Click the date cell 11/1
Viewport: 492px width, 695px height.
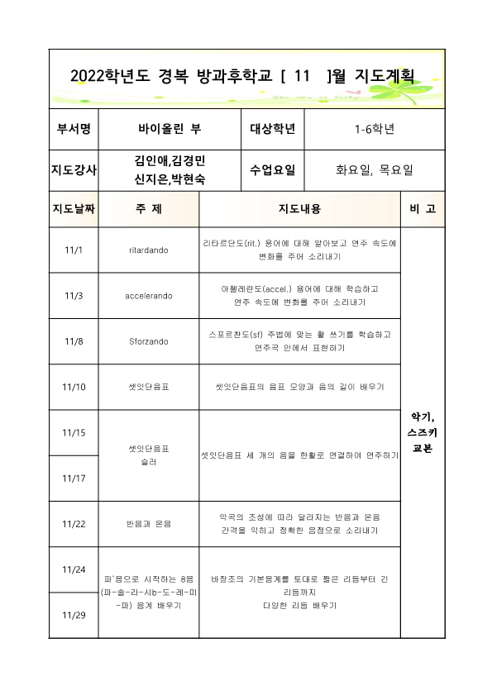(x=74, y=250)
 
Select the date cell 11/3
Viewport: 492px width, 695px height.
(x=74, y=295)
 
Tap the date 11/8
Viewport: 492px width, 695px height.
(x=74, y=340)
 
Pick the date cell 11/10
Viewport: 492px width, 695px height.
(x=74, y=387)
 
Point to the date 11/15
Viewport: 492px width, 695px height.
(x=74, y=432)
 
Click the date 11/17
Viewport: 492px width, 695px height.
(x=74, y=478)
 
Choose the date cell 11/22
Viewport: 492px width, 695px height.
(x=74, y=524)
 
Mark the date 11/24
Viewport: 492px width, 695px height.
(x=74, y=569)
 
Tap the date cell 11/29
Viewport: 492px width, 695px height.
(x=74, y=616)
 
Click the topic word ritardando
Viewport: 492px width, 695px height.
(x=149, y=250)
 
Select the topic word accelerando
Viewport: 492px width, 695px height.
(x=149, y=295)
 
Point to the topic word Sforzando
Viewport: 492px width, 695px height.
(x=149, y=340)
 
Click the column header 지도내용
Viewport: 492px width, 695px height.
(x=299, y=209)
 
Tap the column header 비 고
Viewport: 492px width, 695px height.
(x=422, y=209)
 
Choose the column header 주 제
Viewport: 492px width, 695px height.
(x=149, y=209)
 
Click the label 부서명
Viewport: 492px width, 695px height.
(x=74, y=129)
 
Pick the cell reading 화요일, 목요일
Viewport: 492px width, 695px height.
(x=375, y=170)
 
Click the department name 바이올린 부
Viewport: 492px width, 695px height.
(x=170, y=129)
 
